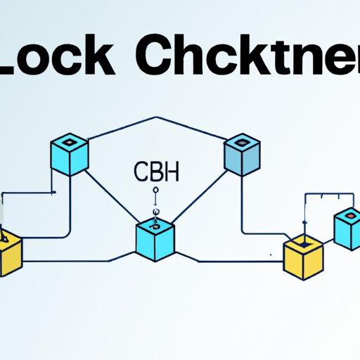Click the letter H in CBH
coord(171,172)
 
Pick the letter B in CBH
coord(156,172)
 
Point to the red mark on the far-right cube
coord(349,213)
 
